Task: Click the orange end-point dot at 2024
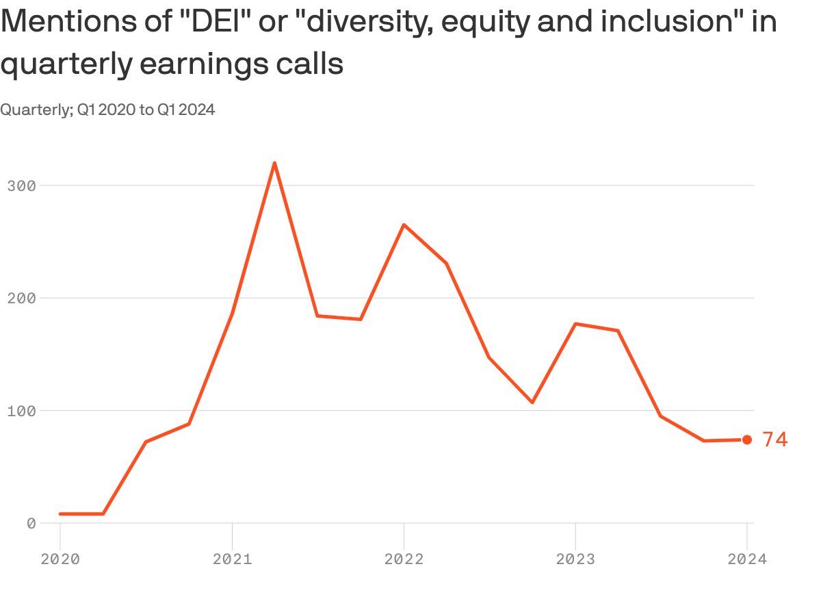point(747,440)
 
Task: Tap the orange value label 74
point(775,440)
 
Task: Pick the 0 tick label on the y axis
point(31,523)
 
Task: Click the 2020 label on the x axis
point(60,559)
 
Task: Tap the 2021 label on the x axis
point(232,559)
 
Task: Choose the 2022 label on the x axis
point(404,559)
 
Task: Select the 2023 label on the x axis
point(575,559)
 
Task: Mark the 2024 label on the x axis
point(747,559)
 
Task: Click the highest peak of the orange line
point(274,163)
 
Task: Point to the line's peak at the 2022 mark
point(404,225)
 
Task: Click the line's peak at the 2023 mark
point(575,323)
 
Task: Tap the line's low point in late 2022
point(532,403)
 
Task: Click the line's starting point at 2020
point(60,513)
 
